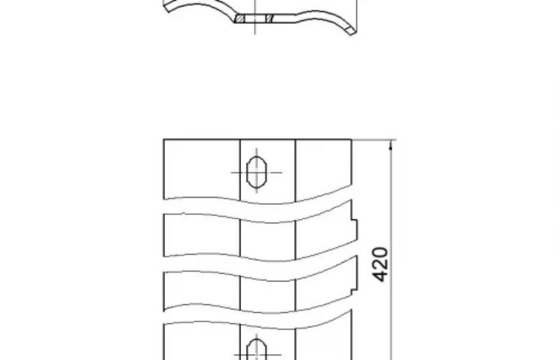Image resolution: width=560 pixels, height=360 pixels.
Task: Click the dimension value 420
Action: click(380, 264)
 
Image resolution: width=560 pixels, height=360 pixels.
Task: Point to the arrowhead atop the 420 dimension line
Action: click(391, 145)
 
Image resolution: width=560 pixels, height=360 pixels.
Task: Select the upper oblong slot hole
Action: click(257, 172)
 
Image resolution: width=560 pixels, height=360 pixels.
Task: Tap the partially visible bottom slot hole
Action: click(257, 350)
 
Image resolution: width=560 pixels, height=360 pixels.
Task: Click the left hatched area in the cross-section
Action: click(240, 18)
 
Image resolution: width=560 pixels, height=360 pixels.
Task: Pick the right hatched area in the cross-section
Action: click(269, 18)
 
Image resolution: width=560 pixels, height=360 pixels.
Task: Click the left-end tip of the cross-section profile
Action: click(166, 7)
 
